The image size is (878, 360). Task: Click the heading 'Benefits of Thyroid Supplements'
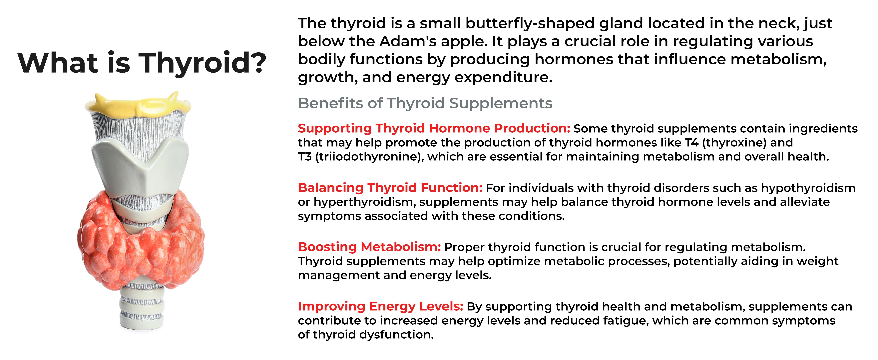(x=425, y=103)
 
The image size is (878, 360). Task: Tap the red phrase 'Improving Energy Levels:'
(x=380, y=306)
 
